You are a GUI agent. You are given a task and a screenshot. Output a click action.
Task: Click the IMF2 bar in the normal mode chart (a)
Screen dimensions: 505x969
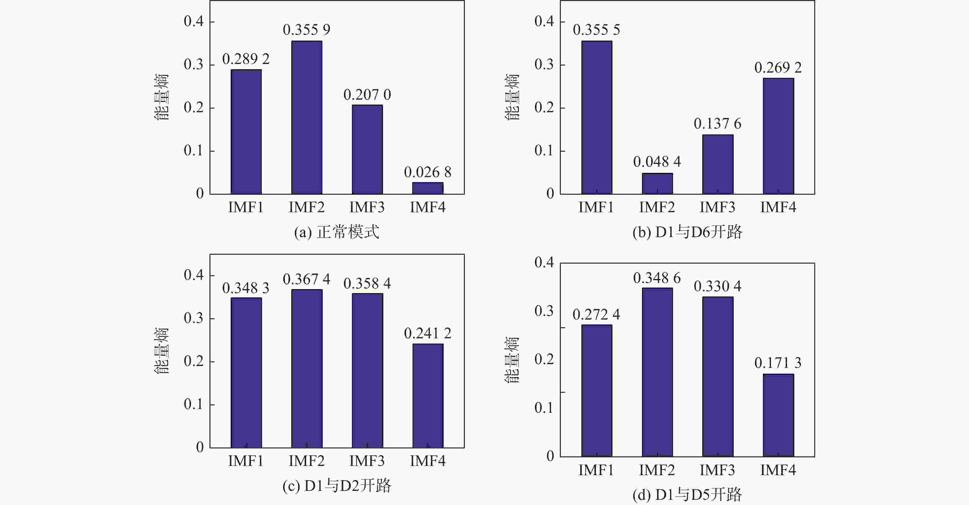pos(307,117)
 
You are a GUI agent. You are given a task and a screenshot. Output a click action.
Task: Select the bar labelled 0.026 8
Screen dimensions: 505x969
pos(428,188)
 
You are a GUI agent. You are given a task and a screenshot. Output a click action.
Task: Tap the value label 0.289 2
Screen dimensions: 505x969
pos(246,59)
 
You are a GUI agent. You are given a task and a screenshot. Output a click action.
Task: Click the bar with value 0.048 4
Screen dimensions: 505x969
pos(657,184)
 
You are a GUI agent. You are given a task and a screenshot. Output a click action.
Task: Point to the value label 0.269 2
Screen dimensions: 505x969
pos(778,68)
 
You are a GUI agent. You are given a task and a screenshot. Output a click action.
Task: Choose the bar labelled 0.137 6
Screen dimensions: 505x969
pos(718,164)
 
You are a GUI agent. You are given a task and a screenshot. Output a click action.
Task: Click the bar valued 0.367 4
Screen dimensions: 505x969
pos(307,368)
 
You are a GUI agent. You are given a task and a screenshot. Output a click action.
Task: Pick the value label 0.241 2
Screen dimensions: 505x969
pos(428,333)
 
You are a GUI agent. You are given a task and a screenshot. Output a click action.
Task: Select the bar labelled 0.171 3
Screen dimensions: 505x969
pos(778,415)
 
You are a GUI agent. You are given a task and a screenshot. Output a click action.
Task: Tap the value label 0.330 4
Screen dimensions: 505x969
pos(717,287)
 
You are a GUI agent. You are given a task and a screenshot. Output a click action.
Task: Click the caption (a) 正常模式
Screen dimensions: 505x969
pos(337,232)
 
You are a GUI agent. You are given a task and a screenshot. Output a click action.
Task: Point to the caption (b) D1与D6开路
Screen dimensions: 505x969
pos(687,232)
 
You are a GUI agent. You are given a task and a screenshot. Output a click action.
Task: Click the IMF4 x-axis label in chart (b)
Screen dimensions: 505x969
pos(778,207)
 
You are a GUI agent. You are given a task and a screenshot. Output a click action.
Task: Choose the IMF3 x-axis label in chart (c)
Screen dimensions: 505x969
pos(367,461)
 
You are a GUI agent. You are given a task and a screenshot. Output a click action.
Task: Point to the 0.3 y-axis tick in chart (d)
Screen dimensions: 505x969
pos(544,311)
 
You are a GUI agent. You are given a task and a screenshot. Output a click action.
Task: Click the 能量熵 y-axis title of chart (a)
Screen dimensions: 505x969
pos(162,97)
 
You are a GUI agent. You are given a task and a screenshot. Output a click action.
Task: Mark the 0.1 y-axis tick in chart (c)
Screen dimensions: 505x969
pos(193,405)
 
